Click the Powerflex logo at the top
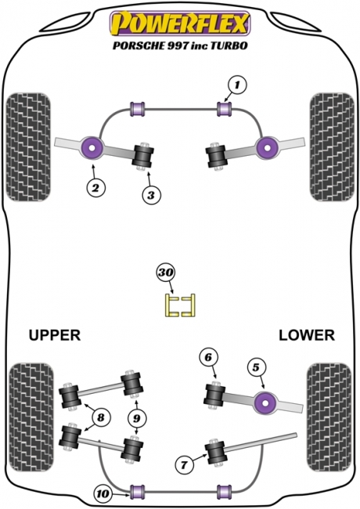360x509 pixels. pos(180,23)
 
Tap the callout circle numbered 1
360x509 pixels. pos(237,85)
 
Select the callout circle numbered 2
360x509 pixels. pos(95,187)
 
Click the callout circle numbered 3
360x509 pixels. pos(151,196)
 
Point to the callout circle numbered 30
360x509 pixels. pos(166,273)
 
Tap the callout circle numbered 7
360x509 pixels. pos(184,465)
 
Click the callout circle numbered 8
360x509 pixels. pos(101,417)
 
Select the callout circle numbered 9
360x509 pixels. pos(136,418)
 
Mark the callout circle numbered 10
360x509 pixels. pos(103,494)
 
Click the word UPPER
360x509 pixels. pos(55,335)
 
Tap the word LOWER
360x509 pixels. pos(307,335)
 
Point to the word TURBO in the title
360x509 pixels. pos(229,45)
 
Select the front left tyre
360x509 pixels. pos(29,147)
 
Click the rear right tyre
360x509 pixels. pos(329,418)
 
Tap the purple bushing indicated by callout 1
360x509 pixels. pos(225,109)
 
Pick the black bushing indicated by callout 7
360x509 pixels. pos(216,452)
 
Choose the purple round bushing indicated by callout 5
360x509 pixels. pos(266,403)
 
